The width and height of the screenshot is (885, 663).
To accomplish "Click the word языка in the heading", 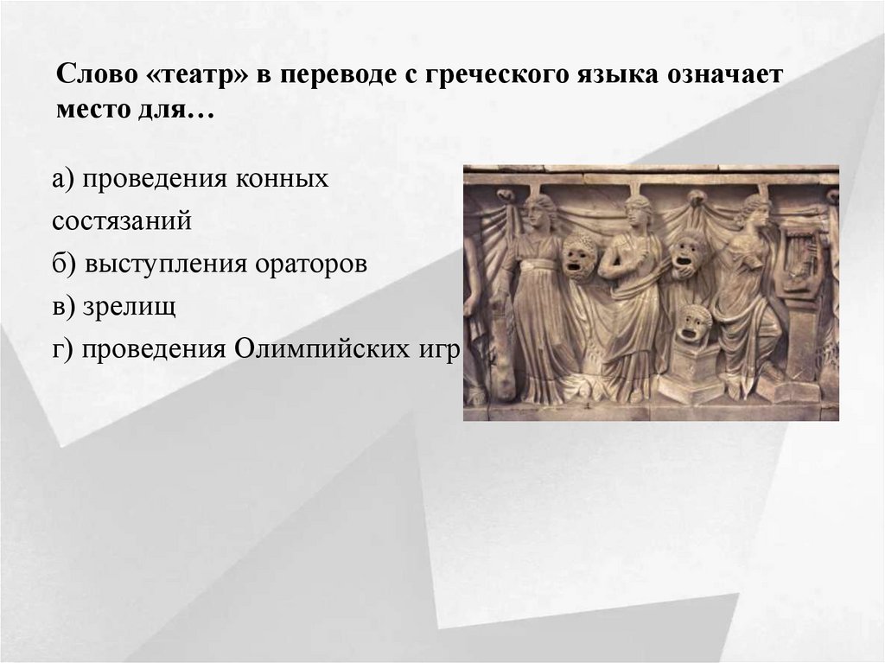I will (x=609, y=76).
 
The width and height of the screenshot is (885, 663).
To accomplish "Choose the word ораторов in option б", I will (x=311, y=264).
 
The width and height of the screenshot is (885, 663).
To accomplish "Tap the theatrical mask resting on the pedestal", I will (x=693, y=322).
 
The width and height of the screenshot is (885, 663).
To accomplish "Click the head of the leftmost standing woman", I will (x=539, y=209).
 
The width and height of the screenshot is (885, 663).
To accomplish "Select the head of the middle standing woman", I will (x=637, y=210).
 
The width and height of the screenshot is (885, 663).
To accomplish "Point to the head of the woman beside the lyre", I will (x=754, y=209).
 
